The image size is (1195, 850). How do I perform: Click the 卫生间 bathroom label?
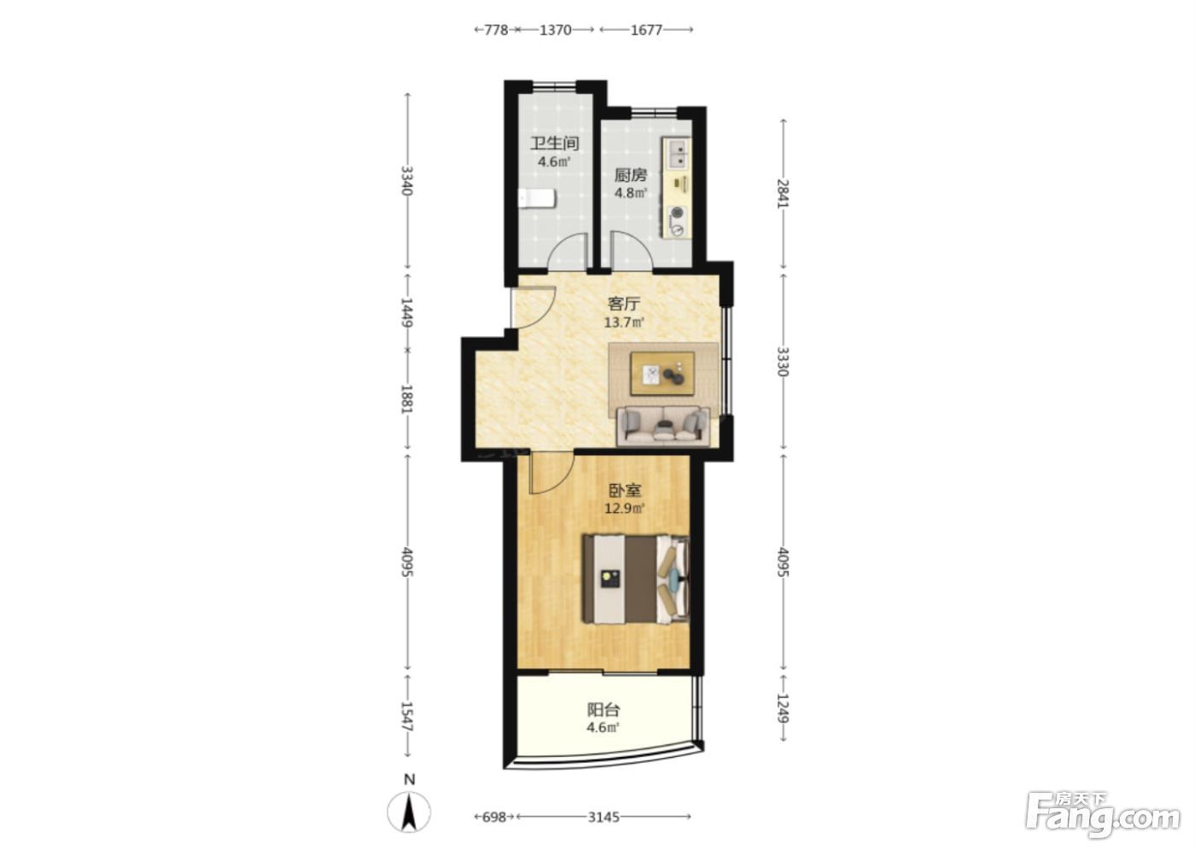tap(554, 143)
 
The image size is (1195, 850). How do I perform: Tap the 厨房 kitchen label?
tap(631, 175)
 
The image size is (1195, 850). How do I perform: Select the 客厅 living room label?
tap(624, 304)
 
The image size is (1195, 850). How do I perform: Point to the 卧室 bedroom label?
tap(625, 490)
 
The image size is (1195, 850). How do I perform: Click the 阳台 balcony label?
tap(603, 710)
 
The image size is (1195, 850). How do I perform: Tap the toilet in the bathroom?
tap(537, 199)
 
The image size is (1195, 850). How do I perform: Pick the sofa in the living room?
tap(663, 426)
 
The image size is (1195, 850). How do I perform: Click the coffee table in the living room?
tap(662, 373)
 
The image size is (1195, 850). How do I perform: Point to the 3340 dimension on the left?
tap(407, 181)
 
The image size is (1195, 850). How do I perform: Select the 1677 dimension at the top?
tap(646, 30)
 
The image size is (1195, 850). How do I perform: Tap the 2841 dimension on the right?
tap(783, 194)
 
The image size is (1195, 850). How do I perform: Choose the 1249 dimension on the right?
tap(783, 707)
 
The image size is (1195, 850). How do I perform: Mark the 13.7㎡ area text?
tap(624, 322)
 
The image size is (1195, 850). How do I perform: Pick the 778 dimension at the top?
tap(496, 30)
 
